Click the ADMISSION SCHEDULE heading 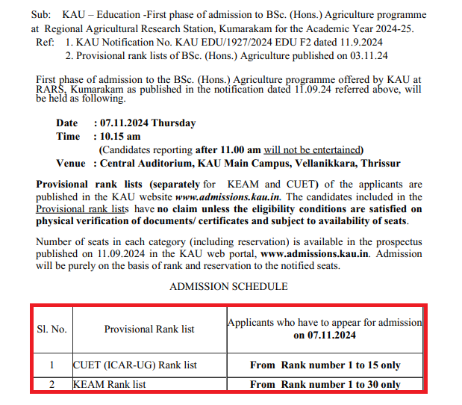(x=228, y=286)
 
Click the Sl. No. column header (x=52, y=329)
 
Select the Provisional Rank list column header (x=149, y=329)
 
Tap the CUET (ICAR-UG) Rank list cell (x=135, y=365)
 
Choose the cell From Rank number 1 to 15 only (x=325, y=365)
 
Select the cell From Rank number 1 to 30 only (x=325, y=384)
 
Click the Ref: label (x=45, y=42)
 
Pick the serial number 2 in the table (x=52, y=384)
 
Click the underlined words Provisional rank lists (x=82, y=209)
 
